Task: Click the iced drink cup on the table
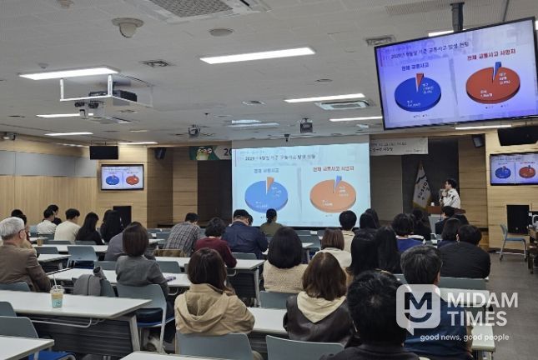(x=57, y=296)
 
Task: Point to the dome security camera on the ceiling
(x=128, y=27)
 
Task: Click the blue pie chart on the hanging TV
(x=417, y=92)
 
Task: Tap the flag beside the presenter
(x=421, y=187)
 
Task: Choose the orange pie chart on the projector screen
(x=332, y=194)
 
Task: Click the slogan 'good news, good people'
(x=465, y=337)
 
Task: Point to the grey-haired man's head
(x=12, y=228)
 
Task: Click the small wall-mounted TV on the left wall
(x=122, y=177)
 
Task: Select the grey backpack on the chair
(x=93, y=284)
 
